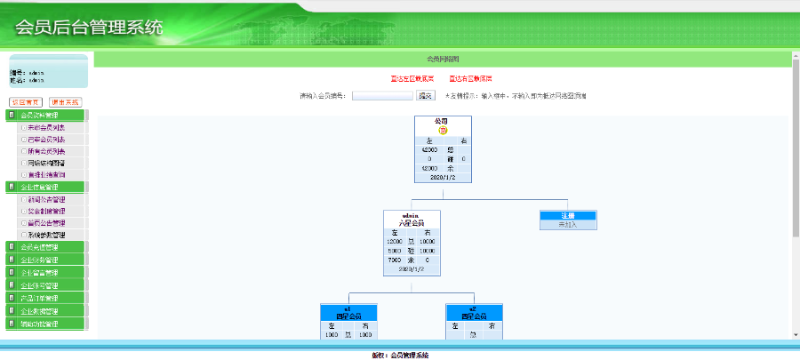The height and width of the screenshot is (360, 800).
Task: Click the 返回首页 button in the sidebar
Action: click(26, 102)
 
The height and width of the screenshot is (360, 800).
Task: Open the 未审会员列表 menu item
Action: click(44, 127)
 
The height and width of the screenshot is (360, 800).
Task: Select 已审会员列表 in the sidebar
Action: click(44, 140)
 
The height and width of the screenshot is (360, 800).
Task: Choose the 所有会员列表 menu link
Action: click(44, 151)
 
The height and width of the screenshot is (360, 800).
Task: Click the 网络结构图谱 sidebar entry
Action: click(44, 164)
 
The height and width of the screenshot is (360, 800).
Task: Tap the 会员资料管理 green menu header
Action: click(44, 115)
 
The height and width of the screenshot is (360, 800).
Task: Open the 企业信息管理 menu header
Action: click(44, 188)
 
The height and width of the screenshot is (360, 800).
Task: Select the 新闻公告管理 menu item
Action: click(44, 200)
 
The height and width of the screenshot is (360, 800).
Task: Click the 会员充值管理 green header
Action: click(44, 247)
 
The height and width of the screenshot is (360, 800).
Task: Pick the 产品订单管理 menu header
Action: click(44, 299)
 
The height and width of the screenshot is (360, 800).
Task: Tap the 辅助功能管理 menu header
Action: click(44, 324)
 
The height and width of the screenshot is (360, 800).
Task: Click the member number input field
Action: click(382, 96)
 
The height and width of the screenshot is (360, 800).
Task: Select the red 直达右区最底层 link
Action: click(470, 78)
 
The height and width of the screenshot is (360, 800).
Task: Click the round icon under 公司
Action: click(443, 130)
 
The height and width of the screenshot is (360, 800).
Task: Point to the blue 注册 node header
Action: click(568, 216)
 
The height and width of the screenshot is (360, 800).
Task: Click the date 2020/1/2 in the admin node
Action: click(412, 268)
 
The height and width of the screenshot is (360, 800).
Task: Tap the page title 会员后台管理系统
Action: click(89, 28)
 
